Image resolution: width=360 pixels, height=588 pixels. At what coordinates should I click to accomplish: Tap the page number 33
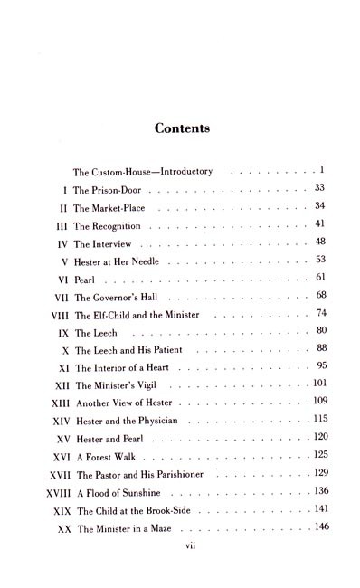click(x=319, y=186)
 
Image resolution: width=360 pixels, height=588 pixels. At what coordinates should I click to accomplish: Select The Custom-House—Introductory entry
click(x=129, y=170)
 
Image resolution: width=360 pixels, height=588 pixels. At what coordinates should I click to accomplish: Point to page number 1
click(x=322, y=168)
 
